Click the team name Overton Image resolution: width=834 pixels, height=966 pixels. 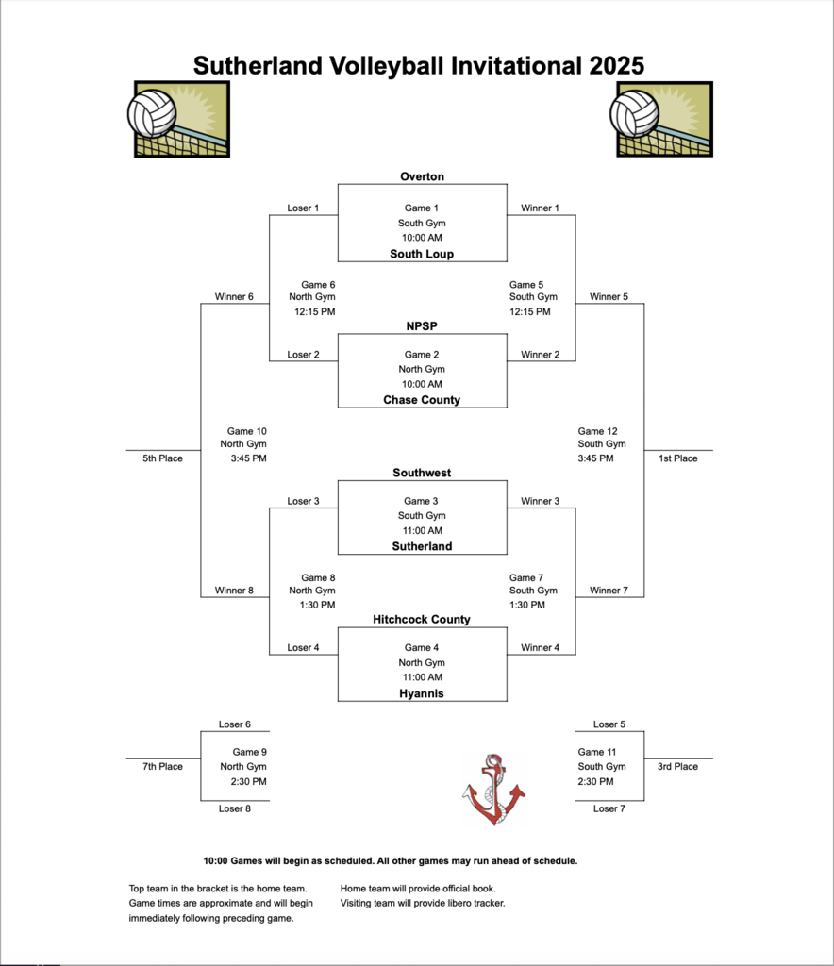[x=422, y=176]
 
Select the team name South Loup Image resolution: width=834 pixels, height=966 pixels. [x=422, y=254]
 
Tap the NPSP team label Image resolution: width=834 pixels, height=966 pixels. [x=422, y=326]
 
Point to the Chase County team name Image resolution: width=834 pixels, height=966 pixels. [x=422, y=400]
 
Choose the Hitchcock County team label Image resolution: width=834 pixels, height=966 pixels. [x=422, y=620]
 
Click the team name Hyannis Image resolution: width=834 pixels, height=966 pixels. [x=422, y=693]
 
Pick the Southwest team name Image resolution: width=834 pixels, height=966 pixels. [x=422, y=473]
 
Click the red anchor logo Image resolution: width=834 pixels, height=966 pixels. [x=493, y=790]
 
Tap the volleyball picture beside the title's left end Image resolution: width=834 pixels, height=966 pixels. [x=178, y=118]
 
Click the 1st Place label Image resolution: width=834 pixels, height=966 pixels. [x=677, y=458]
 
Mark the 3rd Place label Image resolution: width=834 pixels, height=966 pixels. [x=677, y=767]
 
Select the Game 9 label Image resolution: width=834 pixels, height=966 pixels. [x=249, y=752]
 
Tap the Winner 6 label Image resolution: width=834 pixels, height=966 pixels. [x=234, y=297]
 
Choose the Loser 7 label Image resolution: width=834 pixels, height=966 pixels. [x=609, y=808]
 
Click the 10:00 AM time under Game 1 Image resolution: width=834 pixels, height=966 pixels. [x=422, y=238]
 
